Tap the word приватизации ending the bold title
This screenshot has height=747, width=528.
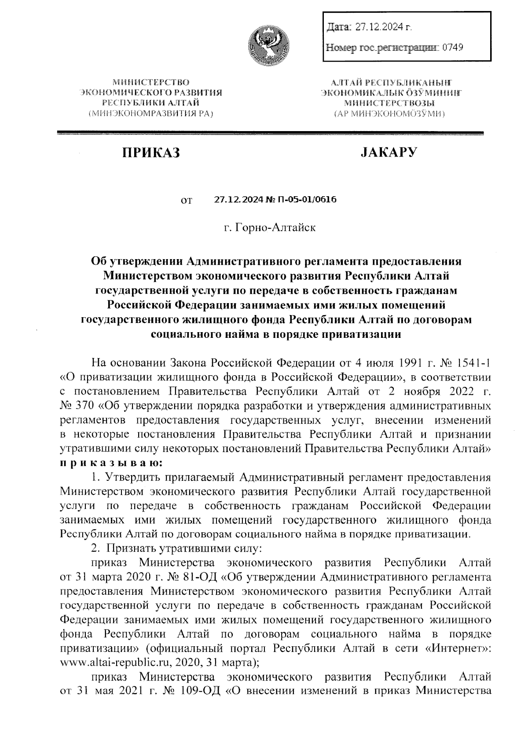pyautogui.click(x=351, y=333)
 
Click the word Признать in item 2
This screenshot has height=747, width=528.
pyautogui.click(x=131, y=549)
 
